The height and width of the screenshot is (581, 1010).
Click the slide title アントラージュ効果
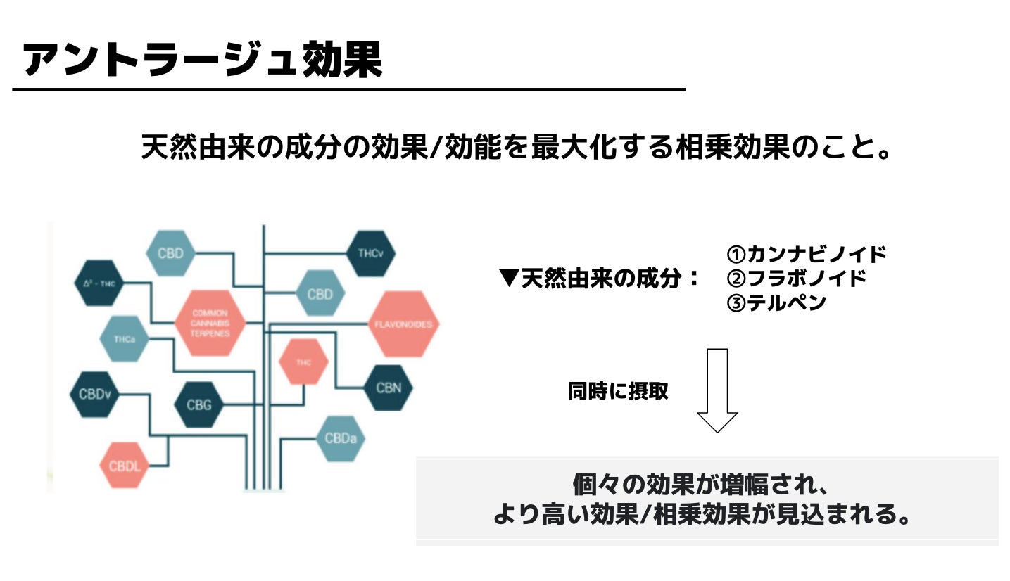point(203,59)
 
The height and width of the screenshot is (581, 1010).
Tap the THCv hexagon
point(371,254)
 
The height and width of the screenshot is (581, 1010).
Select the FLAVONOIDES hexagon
point(404,324)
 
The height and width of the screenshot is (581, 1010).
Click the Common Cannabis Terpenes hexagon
point(210,324)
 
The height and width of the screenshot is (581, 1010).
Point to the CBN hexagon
point(389,388)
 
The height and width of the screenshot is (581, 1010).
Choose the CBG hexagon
point(199,404)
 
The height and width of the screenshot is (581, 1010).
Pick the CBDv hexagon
point(94,394)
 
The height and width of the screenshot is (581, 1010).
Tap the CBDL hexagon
point(125,465)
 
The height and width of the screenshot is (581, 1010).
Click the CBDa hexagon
point(341,438)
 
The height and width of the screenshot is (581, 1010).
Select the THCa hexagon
point(124,339)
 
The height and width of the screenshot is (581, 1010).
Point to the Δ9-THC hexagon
point(99,283)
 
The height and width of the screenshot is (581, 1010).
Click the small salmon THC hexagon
point(303,362)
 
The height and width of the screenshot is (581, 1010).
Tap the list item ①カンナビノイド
point(806,254)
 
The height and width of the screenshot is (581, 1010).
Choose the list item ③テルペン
point(776,303)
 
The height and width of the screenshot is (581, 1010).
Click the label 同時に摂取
point(618,391)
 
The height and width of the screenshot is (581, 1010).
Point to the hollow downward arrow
point(717,390)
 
